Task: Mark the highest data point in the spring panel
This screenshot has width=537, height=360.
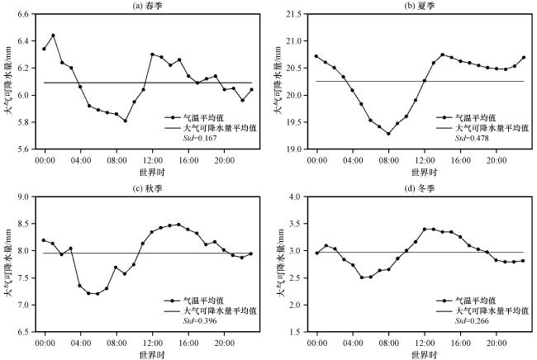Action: (53, 36)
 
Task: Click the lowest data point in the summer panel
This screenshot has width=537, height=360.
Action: (388, 133)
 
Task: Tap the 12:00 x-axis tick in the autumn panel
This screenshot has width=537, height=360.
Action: (151, 342)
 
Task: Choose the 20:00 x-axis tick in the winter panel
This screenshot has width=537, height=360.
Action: (496, 342)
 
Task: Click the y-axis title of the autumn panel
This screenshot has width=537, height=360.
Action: (8, 264)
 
